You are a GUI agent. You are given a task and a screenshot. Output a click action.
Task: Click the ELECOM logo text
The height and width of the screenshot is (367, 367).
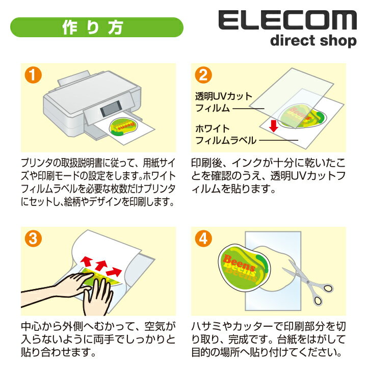(287, 20)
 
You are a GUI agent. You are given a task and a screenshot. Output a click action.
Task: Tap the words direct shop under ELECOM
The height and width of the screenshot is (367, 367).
(313, 41)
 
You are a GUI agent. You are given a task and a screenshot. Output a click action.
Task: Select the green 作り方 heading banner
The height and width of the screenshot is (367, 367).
(97, 27)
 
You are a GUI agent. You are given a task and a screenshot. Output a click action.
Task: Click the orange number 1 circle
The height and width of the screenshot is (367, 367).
(33, 75)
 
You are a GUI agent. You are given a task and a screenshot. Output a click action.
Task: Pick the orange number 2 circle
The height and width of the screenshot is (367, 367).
(203, 75)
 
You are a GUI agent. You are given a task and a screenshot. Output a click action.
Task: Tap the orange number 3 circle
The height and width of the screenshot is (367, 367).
(33, 239)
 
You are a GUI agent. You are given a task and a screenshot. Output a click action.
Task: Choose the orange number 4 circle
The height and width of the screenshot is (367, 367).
(203, 239)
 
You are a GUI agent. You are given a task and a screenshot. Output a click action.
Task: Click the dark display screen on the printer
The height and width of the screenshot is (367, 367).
(111, 109)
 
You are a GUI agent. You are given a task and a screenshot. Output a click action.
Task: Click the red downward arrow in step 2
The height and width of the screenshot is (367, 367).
(273, 126)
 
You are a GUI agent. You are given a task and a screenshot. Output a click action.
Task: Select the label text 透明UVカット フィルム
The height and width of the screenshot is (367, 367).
(224, 102)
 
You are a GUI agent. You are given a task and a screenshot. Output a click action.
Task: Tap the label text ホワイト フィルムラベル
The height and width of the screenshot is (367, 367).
(226, 135)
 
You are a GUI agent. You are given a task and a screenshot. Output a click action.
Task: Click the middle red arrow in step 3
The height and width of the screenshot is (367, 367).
(101, 265)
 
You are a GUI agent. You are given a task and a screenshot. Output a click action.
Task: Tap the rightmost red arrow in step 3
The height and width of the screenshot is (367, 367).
(114, 271)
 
